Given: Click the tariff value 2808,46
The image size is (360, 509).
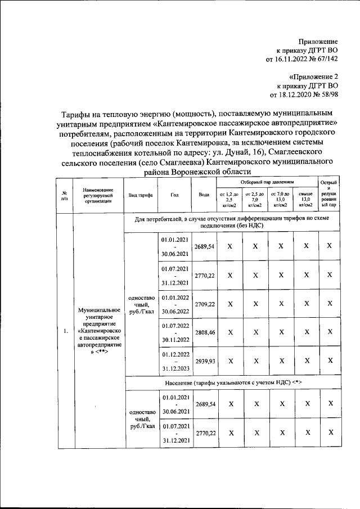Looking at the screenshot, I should (204, 332).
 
